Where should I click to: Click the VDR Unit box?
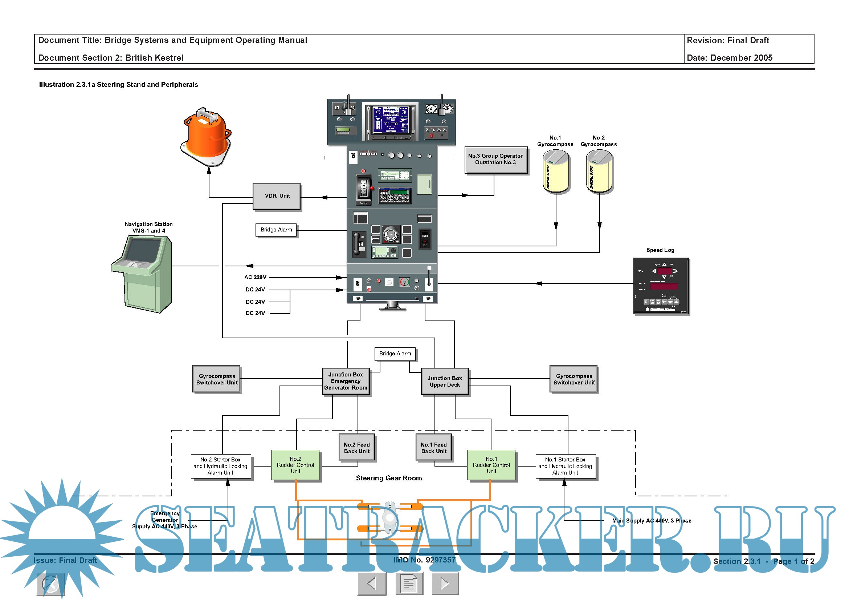tap(277, 196)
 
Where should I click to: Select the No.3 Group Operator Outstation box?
tap(495, 160)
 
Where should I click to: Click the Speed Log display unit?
tap(661, 286)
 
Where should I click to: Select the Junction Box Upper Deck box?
tap(445, 382)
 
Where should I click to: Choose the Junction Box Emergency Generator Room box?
tap(346, 381)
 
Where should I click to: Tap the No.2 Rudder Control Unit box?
tap(295, 465)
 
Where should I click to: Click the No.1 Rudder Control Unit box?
tap(491, 465)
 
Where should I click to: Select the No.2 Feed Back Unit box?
tap(357, 448)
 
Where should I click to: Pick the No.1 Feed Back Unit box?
tap(434, 448)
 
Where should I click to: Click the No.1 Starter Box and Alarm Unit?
tap(566, 466)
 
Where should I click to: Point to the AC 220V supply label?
tap(255, 277)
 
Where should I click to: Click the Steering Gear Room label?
tap(389, 478)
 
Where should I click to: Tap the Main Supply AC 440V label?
tap(652, 521)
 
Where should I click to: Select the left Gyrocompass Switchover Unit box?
tap(217, 379)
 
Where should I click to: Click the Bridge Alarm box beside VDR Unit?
tap(276, 230)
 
